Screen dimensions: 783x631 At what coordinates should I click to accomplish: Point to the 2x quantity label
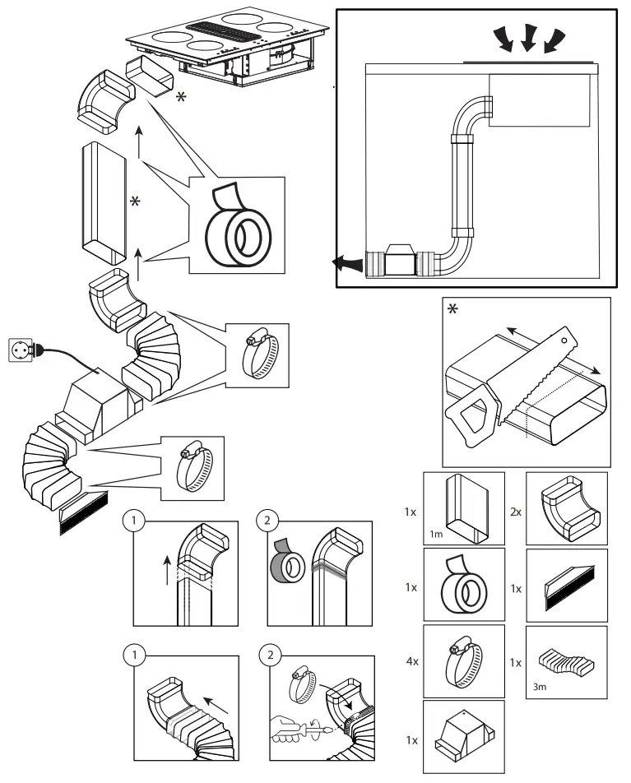(515, 511)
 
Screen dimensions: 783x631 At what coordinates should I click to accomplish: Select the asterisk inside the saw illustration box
(452, 310)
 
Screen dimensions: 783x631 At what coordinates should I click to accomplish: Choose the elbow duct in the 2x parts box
(567, 507)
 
